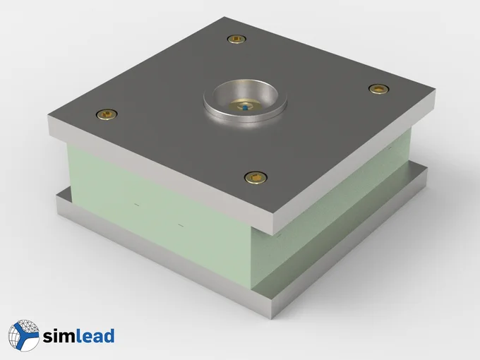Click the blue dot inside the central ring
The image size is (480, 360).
pyautogui.click(x=245, y=108)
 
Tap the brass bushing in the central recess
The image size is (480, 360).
pyautogui.click(x=245, y=104)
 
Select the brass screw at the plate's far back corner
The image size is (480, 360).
pyautogui.click(x=236, y=40)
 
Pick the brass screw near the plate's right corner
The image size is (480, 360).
pyautogui.click(x=379, y=89)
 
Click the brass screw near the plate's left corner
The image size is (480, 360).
pyautogui.click(x=107, y=114)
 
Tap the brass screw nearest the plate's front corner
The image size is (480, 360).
pyautogui.click(x=256, y=178)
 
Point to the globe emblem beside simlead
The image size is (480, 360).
pyautogui.click(x=24, y=335)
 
